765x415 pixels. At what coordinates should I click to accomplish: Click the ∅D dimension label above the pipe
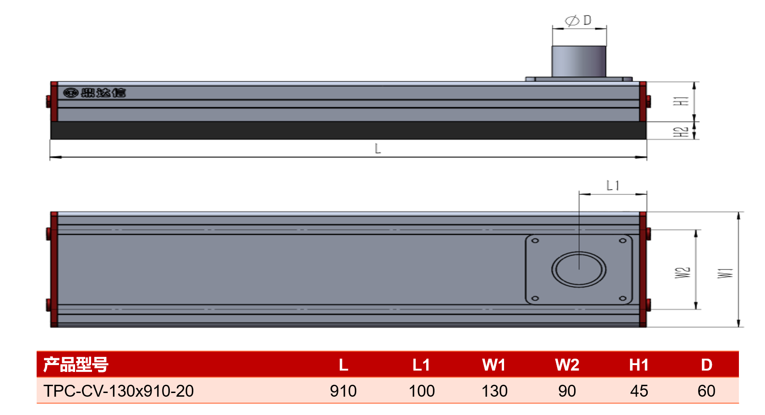coord(578,21)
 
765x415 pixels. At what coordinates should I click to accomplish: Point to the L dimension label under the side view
coord(378,148)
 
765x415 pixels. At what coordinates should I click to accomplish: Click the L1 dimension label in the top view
coord(613,186)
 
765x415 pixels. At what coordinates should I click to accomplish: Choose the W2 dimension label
coord(683,273)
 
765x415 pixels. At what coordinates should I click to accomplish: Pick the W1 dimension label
coord(725,273)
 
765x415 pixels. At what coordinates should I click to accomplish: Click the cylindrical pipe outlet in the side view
coord(579,61)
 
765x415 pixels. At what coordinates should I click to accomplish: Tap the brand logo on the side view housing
coord(95,93)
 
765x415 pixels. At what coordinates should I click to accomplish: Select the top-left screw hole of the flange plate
coord(535,240)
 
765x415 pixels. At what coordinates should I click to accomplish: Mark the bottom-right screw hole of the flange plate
coord(623,299)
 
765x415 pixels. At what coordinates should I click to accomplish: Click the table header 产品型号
coord(76,365)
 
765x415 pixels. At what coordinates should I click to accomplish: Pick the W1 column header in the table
coord(494,365)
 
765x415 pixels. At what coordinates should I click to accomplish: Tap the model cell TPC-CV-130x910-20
coord(119,391)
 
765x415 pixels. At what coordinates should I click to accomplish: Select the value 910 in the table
coord(343,391)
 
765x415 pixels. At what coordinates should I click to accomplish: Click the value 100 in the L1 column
coord(422,391)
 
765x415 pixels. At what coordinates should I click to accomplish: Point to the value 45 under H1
coord(639,391)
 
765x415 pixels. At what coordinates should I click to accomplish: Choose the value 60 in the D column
coord(706,391)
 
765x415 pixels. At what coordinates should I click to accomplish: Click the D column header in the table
coord(706,365)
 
